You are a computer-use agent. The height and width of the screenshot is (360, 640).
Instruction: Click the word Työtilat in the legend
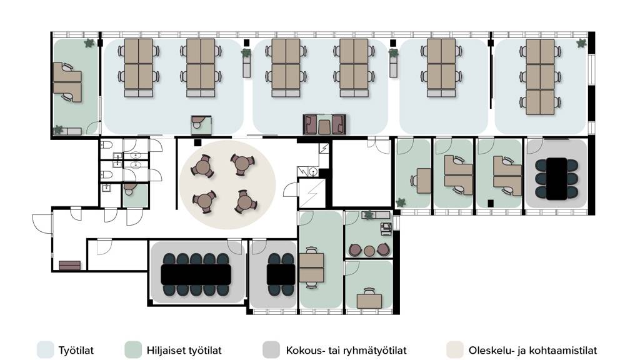76,350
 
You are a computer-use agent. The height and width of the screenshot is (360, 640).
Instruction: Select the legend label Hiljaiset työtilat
184,350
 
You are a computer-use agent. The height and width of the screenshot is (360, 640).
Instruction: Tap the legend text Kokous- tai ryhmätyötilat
346,350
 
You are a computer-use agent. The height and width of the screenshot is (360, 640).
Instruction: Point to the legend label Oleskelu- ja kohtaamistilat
532,350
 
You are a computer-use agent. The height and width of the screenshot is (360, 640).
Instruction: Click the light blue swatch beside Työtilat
45,350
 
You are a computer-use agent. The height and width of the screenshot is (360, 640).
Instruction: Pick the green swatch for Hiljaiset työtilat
133,350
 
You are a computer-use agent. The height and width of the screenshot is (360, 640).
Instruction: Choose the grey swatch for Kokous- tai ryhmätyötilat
271,350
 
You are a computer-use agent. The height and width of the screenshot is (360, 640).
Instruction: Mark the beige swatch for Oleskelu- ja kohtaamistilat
455,350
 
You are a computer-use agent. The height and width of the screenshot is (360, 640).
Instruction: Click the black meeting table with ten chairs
196,275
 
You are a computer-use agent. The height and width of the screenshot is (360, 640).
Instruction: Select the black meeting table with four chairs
281,275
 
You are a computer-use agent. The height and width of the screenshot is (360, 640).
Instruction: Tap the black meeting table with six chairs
556,179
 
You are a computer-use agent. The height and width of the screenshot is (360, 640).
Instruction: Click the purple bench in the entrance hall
70,266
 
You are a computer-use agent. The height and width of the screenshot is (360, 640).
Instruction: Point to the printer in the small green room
386,229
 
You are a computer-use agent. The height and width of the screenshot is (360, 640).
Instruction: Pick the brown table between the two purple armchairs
324,126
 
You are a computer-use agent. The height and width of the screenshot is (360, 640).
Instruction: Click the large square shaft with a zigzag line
312,193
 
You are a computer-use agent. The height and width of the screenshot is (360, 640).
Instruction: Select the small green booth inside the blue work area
201,125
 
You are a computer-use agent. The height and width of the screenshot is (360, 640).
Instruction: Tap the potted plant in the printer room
369,215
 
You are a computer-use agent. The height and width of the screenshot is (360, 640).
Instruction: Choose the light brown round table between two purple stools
369,251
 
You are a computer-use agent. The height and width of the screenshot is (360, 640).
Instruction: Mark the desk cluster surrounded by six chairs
540,77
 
